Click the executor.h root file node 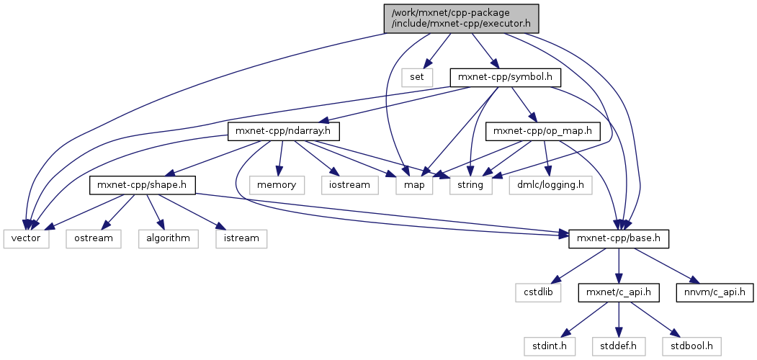(461, 17)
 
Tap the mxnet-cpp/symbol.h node (505, 76)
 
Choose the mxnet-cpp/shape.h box (143, 185)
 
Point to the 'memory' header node (277, 185)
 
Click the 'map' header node (414, 185)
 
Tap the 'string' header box (472, 185)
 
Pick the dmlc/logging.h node (550, 185)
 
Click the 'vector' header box (26, 238)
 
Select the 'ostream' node (94, 238)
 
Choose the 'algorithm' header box (169, 238)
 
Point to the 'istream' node (241, 238)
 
